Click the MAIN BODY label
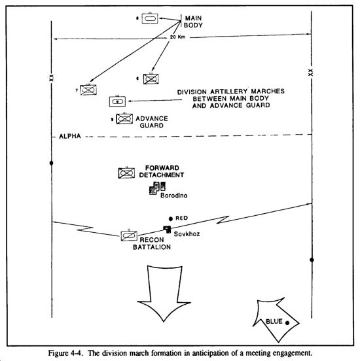(193, 22)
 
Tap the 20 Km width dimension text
(177, 37)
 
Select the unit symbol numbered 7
(88, 90)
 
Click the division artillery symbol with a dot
(117, 101)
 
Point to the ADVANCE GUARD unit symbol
(124, 118)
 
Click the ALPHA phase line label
(70, 136)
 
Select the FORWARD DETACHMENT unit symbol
(126, 173)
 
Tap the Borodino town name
(173, 196)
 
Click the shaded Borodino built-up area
(157, 188)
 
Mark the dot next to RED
(171, 218)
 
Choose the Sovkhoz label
(187, 234)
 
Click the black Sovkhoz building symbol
(167, 230)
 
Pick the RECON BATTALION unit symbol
(129, 235)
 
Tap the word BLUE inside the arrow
(274, 321)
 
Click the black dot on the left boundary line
(52, 163)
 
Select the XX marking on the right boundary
(311, 73)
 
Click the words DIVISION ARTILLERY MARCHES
(230, 92)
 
